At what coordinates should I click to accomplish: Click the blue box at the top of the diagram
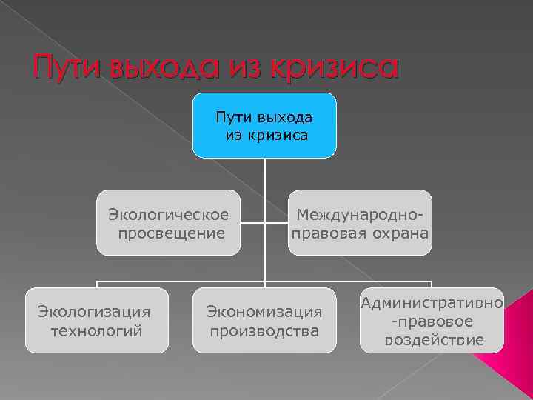(x=264, y=126)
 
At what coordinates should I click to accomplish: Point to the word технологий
(x=96, y=330)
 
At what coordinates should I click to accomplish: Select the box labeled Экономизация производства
(x=264, y=320)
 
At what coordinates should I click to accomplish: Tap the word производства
(x=264, y=330)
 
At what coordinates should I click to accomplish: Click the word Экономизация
(x=264, y=311)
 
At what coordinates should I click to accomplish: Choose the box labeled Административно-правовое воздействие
(x=432, y=320)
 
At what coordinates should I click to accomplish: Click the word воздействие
(x=435, y=340)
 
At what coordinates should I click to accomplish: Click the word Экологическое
(x=168, y=215)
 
